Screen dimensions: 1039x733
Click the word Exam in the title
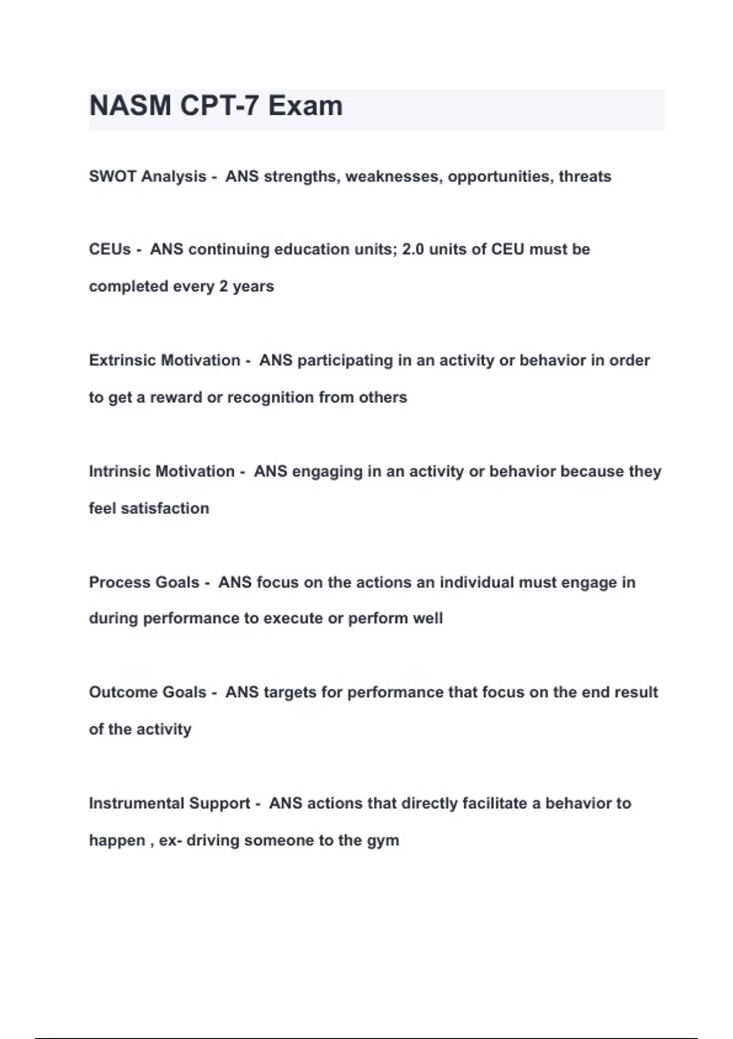click(x=305, y=106)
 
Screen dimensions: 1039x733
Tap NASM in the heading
click(x=130, y=106)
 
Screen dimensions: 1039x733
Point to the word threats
click(x=585, y=177)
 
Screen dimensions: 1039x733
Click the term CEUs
click(x=110, y=249)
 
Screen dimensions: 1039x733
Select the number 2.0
click(x=413, y=249)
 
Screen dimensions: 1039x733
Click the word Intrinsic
click(x=119, y=471)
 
